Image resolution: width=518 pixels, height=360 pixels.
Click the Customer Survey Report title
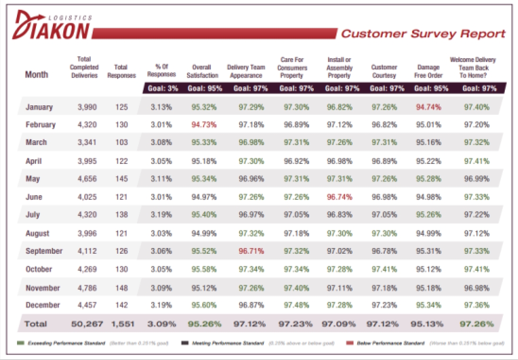pos(423,34)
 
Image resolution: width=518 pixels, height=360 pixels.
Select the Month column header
pos(36,75)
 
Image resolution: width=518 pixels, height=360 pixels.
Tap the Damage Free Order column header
pos(428,71)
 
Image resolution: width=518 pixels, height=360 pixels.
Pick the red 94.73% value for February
pos(204,125)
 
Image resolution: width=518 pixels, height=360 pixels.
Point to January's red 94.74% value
pos(428,107)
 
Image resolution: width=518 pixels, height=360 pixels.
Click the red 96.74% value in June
pos(339,197)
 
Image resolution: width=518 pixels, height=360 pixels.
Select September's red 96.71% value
pos(250,251)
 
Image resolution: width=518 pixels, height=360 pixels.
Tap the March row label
pos(36,142)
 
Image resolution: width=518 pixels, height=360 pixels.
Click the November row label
pos(43,288)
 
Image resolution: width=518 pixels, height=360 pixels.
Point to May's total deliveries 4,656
pos(87,179)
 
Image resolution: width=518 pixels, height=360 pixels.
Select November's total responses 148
pos(121,288)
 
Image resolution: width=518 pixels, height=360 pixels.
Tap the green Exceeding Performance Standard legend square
pos(19,343)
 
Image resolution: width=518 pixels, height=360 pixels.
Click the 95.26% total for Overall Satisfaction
pos(204,324)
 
